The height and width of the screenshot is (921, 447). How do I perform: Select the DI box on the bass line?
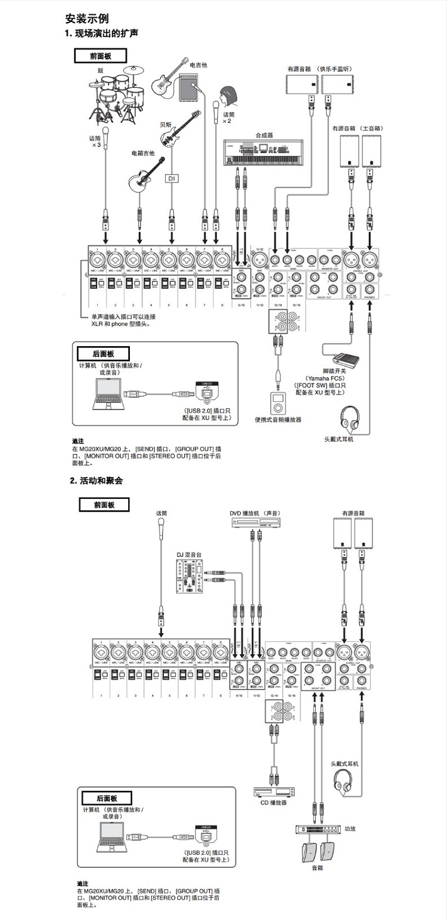172,178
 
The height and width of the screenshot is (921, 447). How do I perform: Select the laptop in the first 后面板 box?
108,394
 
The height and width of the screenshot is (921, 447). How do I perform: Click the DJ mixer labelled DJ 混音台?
190,577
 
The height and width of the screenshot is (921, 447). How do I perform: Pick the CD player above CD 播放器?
274,791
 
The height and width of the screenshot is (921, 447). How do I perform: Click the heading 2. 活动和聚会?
96,480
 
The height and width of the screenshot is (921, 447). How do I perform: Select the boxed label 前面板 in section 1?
100,56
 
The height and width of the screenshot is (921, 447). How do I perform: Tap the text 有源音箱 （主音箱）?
358,128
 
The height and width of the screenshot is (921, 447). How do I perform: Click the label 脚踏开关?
335,371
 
